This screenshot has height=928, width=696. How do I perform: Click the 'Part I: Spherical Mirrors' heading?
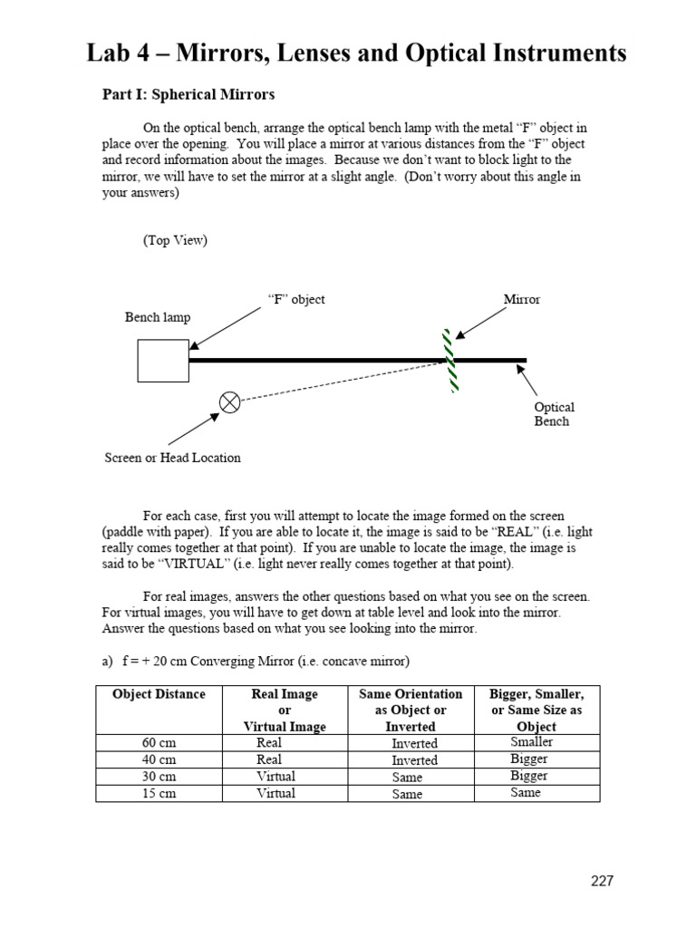tap(188, 94)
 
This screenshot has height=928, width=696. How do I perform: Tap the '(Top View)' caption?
tap(175, 240)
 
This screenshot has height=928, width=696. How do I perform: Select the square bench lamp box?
tap(163, 361)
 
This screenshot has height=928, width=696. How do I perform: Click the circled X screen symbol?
tap(230, 402)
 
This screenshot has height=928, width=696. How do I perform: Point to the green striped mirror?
tap(449, 360)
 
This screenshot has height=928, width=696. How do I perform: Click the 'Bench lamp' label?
tap(158, 317)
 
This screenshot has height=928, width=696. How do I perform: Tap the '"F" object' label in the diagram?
tap(296, 299)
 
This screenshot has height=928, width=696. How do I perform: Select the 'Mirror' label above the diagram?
tap(521, 299)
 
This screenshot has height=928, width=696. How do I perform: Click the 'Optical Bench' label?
tap(554, 414)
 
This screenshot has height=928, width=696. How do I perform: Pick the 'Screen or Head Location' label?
tap(173, 458)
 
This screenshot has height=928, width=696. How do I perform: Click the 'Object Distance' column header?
tap(159, 694)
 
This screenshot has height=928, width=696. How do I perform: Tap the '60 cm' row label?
tap(159, 743)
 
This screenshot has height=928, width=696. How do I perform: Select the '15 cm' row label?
tap(159, 794)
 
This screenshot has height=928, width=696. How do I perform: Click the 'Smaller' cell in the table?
tap(532, 742)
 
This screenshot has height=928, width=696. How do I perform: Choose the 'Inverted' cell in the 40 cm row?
tap(414, 760)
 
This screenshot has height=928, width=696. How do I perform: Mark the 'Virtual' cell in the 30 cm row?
tap(275, 777)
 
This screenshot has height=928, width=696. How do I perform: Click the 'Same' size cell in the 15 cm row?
tap(526, 793)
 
